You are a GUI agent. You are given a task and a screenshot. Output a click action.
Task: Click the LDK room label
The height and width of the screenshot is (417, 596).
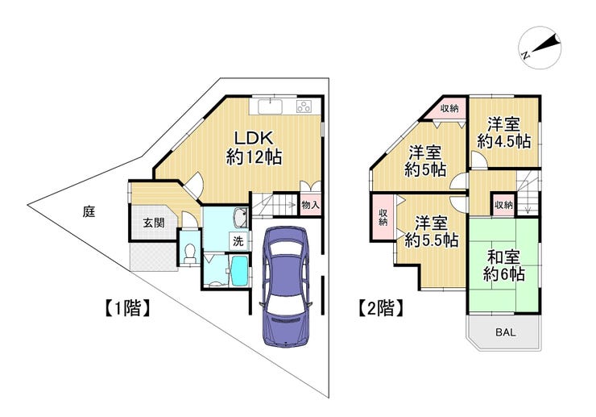pyautogui.click(x=254, y=148)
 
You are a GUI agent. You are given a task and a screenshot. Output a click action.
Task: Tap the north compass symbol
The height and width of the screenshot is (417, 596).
pyautogui.click(x=540, y=48)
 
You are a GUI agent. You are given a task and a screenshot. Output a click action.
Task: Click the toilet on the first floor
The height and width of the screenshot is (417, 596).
pyautogui.click(x=189, y=252)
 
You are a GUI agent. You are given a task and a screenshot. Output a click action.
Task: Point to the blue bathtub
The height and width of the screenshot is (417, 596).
pyautogui.click(x=239, y=270)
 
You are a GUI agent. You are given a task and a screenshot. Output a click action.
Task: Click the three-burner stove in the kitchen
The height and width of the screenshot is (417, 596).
pyautogui.click(x=304, y=106)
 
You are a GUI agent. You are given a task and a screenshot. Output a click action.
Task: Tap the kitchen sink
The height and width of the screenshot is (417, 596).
pyautogui.click(x=271, y=106)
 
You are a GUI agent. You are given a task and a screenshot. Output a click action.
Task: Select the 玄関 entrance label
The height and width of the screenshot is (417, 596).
pyautogui.click(x=154, y=223)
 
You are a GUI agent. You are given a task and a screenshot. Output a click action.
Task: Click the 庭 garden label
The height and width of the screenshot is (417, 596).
pyautogui.click(x=89, y=211)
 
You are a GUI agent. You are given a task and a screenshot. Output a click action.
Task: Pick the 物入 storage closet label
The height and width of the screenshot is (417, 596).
pyautogui.click(x=311, y=205)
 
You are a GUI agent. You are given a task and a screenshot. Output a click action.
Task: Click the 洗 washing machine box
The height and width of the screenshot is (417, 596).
pyautogui.click(x=238, y=240)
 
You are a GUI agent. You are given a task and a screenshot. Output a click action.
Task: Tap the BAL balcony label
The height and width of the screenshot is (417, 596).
pyautogui.click(x=506, y=332)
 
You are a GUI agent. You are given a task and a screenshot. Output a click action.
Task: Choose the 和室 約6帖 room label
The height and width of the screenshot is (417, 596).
pyautogui.click(x=504, y=266)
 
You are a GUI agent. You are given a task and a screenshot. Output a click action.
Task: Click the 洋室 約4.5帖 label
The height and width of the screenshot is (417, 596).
pyautogui.click(x=504, y=133)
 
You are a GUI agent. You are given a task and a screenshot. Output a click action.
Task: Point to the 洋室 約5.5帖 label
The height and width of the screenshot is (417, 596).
pyautogui.click(x=431, y=231)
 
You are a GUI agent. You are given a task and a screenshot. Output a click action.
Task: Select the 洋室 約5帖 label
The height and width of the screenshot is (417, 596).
pyautogui.click(x=425, y=161)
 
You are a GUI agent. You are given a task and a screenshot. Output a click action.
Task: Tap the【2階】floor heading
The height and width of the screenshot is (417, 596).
pyautogui.click(x=381, y=307)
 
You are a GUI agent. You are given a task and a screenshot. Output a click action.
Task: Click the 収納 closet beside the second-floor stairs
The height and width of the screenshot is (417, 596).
pyautogui.click(x=503, y=205)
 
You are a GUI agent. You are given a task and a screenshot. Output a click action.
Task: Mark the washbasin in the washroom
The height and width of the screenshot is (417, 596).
pyautogui.click(x=240, y=217)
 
